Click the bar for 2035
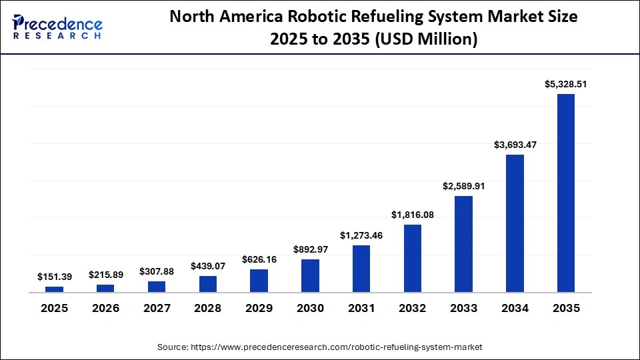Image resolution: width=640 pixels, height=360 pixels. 565,193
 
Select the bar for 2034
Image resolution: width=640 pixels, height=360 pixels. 515,223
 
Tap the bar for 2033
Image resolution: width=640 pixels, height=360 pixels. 463,244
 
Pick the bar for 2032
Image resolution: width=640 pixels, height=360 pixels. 412,258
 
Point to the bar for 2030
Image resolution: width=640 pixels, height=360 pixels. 310,275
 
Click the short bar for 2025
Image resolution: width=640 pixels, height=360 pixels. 54,289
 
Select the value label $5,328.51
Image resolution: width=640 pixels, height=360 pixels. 565,84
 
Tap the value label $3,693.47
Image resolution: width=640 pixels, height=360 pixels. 515,145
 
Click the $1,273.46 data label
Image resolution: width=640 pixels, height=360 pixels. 361,235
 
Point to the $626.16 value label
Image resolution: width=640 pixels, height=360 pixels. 259,259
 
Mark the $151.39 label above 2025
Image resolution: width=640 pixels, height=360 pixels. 54,277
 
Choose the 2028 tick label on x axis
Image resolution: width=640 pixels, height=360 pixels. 208,309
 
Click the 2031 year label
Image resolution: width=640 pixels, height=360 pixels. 361,309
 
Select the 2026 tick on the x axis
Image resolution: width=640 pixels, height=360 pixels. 105,309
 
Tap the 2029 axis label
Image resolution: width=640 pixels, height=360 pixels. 259,309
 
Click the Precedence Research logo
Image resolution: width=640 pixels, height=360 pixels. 57,27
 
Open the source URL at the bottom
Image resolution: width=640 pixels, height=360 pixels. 319,347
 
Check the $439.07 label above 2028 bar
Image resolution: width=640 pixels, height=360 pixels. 208,266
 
